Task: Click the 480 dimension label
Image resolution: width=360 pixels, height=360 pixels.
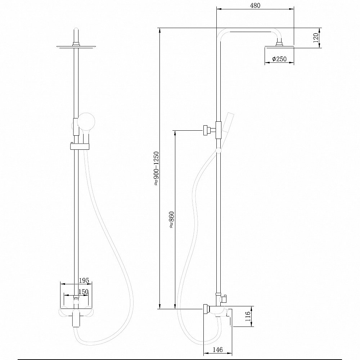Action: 255,6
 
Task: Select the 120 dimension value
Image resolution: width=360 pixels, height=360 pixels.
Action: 316,37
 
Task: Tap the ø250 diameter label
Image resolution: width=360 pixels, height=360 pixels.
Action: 279,59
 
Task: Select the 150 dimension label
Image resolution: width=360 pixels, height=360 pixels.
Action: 83,292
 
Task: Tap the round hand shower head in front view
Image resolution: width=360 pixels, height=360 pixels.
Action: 87,121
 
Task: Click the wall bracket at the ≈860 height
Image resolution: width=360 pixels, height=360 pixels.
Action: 207,130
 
